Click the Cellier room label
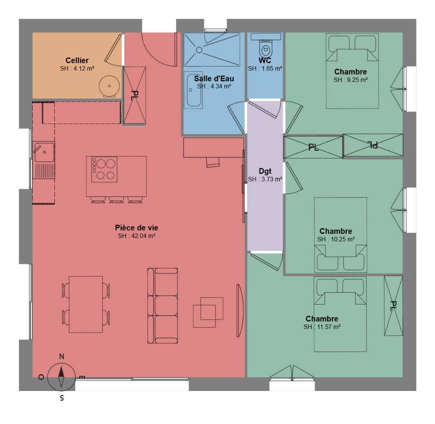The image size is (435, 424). click(x=77, y=61)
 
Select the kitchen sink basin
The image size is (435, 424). click(x=44, y=152)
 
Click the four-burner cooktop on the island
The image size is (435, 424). click(x=104, y=169)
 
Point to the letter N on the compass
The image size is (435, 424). click(x=62, y=357)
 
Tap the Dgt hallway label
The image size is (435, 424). click(x=265, y=171)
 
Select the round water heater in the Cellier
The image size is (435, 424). click(x=110, y=86)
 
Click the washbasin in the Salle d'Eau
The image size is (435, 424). click(x=193, y=90)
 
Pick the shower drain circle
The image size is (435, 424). click(x=199, y=50)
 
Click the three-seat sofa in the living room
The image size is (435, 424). click(x=163, y=305)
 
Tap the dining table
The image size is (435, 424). click(x=86, y=304)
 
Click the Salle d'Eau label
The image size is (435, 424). click(x=214, y=79)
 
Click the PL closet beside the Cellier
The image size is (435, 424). click(x=135, y=95)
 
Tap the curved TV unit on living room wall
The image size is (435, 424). click(x=240, y=310)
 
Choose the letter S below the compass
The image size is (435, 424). click(x=62, y=398)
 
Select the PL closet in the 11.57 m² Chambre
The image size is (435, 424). click(x=393, y=305)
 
